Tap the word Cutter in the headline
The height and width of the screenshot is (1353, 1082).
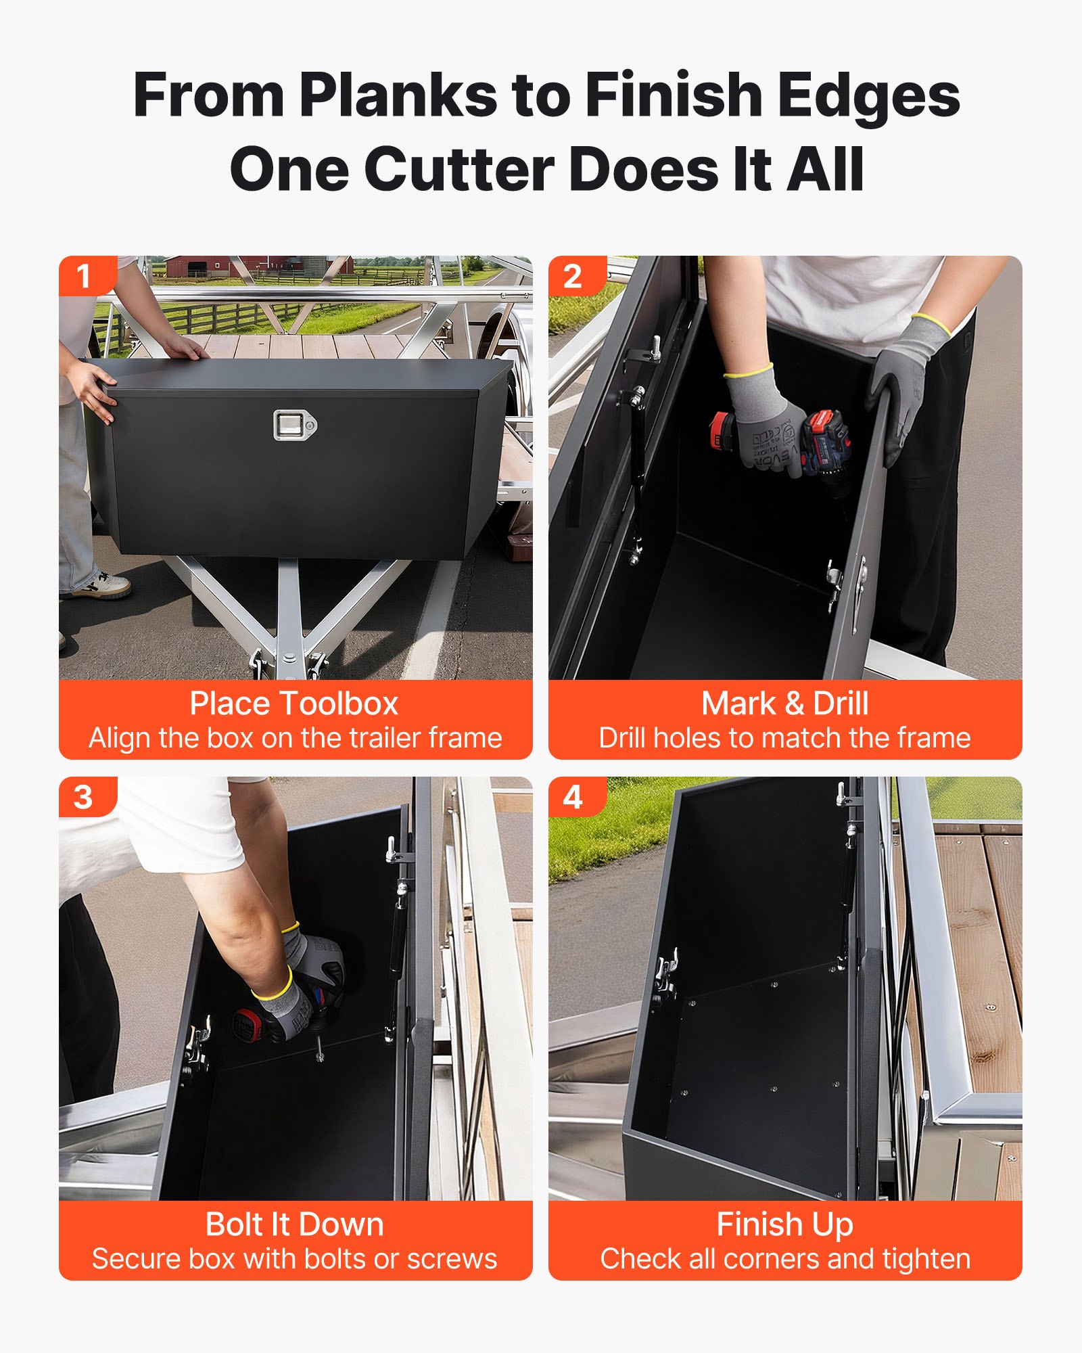click(x=459, y=170)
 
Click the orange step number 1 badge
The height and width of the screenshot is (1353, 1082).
click(x=84, y=276)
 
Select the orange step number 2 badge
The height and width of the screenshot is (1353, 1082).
click(x=573, y=276)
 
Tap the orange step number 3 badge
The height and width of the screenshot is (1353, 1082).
click(x=84, y=797)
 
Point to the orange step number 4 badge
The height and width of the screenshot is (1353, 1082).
click(x=573, y=797)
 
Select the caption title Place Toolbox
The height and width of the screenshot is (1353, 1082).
click(x=294, y=704)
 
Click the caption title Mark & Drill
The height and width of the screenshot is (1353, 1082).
click(x=784, y=704)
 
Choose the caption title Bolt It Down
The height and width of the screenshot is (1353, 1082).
click(x=294, y=1224)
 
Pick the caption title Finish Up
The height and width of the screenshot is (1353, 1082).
click(x=784, y=1224)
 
